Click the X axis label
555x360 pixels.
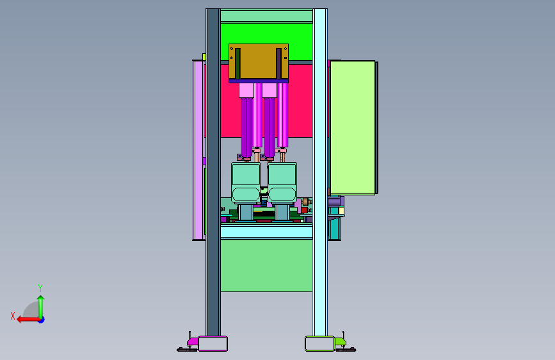13,316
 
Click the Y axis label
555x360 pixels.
40,288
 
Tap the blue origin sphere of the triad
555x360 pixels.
42,320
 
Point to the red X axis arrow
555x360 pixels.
28,320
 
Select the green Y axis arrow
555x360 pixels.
41,307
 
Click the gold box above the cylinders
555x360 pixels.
259,61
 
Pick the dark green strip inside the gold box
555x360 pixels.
238,63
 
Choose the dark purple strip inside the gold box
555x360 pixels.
278,63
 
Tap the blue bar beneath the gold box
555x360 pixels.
259,81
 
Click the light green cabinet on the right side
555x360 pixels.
353,127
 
